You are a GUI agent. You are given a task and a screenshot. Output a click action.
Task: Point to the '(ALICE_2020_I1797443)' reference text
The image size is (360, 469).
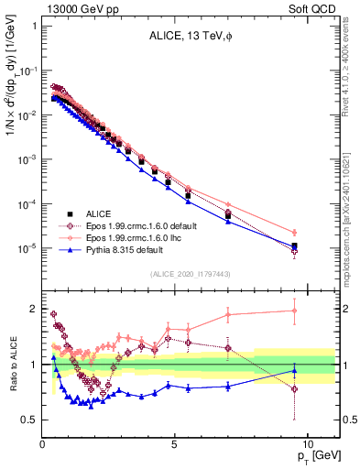point(191,275)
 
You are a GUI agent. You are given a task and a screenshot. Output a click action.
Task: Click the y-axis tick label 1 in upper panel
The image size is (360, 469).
point(34,26)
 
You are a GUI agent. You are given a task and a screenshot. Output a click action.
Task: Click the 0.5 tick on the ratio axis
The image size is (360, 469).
point(29,420)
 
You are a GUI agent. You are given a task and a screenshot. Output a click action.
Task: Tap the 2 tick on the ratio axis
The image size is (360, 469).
point(34,309)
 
